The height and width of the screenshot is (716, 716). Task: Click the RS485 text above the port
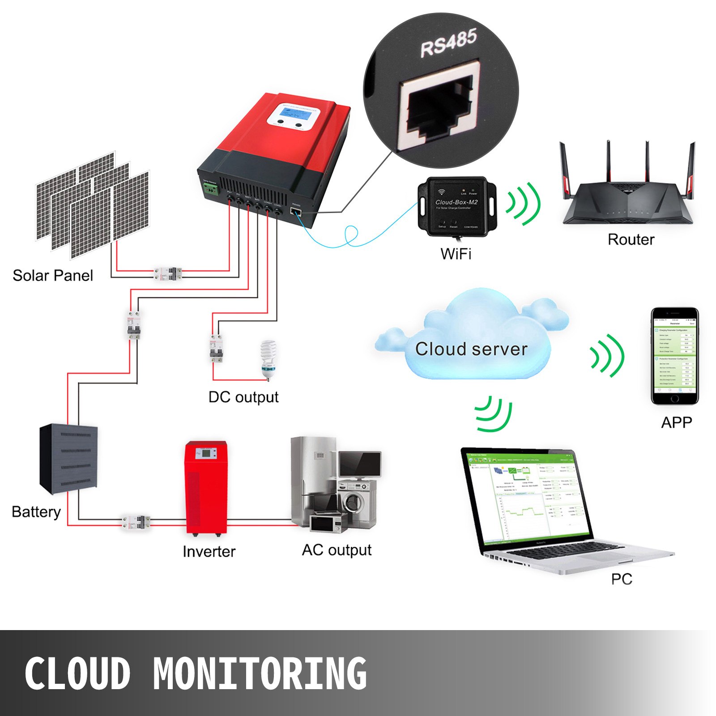click(449, 43)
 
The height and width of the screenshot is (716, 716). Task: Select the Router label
click(631, 240)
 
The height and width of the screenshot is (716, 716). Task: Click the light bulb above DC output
click(268, 359)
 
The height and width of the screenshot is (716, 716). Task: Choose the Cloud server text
click(471, 349)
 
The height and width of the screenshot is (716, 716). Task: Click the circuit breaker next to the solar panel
click(168, 273)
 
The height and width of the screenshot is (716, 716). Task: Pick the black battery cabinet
click(68, 459)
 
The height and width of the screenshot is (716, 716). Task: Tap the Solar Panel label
click(53, 276)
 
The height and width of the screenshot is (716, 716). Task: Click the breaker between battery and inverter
click(136, 522)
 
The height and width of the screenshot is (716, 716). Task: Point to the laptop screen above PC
click(528, 497)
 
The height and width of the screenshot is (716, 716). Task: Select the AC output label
click(337, 550)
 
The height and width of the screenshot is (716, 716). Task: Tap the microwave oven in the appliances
click(328, 524)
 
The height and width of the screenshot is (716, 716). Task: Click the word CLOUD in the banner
click(77, 673)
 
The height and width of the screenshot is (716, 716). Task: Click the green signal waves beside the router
click(524, 204)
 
